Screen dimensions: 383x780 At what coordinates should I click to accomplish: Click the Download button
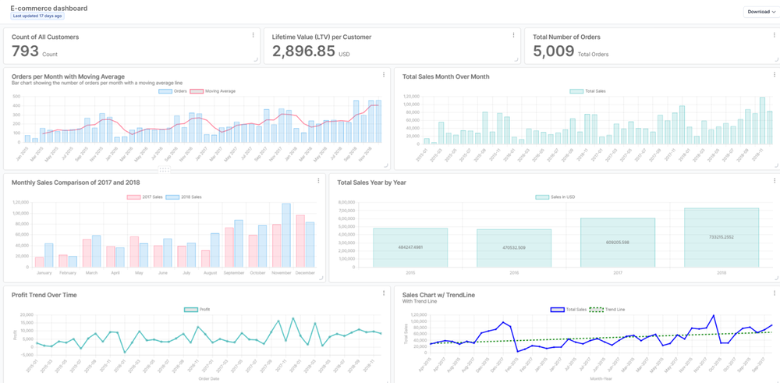pyautogui.click(x=761, y=12)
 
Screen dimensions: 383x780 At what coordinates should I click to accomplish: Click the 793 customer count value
pyautogui.click(x=26, y=52)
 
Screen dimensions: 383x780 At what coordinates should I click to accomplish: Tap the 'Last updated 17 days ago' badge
pyautogui.click(x=37, y=16)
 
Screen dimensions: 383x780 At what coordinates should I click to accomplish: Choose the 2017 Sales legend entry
pyautogui.click(x=144, y=197)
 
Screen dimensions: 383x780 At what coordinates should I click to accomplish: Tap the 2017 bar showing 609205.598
pyautogui.click(x=618, y=243)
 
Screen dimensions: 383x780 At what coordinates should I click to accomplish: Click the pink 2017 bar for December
pyautogui.click(x=300, y=242)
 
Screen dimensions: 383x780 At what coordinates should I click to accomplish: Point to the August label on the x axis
pyautogui.click(x=210, y=273)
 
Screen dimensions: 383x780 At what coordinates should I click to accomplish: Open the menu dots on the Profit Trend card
pyautogui.click(x=384, y=293)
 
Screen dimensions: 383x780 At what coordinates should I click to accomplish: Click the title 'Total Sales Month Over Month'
pyautogui.click(x=446, y=76)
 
